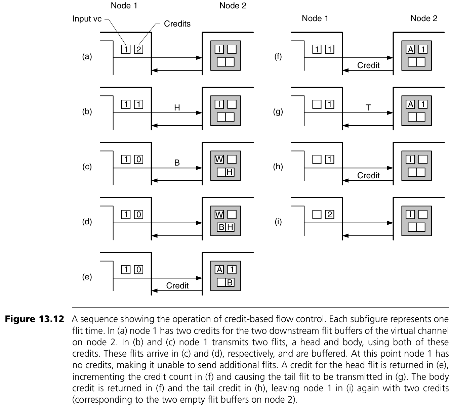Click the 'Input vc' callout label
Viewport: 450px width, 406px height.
(87, 19)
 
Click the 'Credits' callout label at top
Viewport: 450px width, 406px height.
(177, 24)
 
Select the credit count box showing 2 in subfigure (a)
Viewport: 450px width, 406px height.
(138, 49)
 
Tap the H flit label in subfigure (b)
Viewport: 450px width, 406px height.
(177, 107)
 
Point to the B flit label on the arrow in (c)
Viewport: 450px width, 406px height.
(177, 163)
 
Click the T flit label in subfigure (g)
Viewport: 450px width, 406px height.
(368, 107)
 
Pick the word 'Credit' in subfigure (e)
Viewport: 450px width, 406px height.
(177, 285)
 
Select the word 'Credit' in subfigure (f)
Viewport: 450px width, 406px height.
(368, 65)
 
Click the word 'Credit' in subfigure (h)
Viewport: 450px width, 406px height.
(368, 175)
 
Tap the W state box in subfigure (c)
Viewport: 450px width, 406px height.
(219, 159)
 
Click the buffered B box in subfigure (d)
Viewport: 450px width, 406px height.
(221, 227)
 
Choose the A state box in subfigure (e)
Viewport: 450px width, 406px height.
(219, 269)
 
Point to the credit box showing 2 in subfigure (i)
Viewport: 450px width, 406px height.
(329, 214)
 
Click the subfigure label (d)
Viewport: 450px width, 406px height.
(87, 222)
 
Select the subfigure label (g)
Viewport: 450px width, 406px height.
(278, 111)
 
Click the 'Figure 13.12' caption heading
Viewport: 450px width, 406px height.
(34, 319)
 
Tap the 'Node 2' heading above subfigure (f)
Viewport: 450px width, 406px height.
(424, 18)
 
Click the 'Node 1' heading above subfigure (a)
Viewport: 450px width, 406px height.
(124, 6)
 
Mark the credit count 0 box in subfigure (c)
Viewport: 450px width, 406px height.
(138, 159)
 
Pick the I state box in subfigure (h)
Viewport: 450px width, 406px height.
(410, 159)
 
